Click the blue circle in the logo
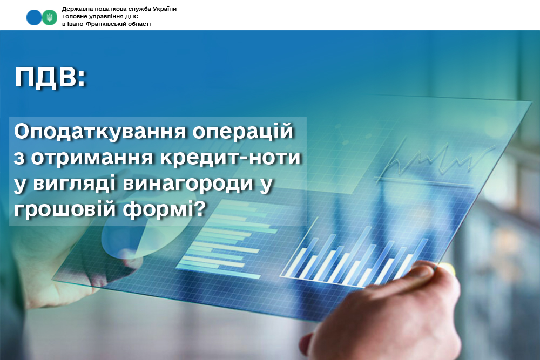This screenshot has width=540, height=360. [x=34, y=17]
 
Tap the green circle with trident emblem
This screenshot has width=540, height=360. [x=50, y=17]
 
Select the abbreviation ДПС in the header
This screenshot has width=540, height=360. [x=132, y=16]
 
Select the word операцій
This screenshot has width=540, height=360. [x=243, y=131]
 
